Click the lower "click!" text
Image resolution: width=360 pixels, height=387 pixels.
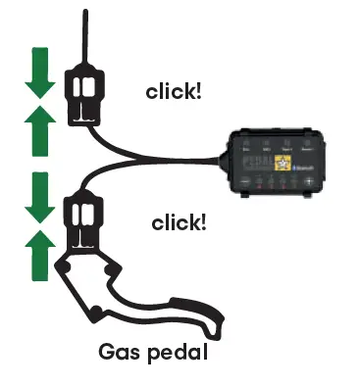click(179, 222)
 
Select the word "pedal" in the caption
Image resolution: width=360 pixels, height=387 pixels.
click(180, 351)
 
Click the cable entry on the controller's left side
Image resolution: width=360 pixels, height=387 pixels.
click(225, 157)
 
